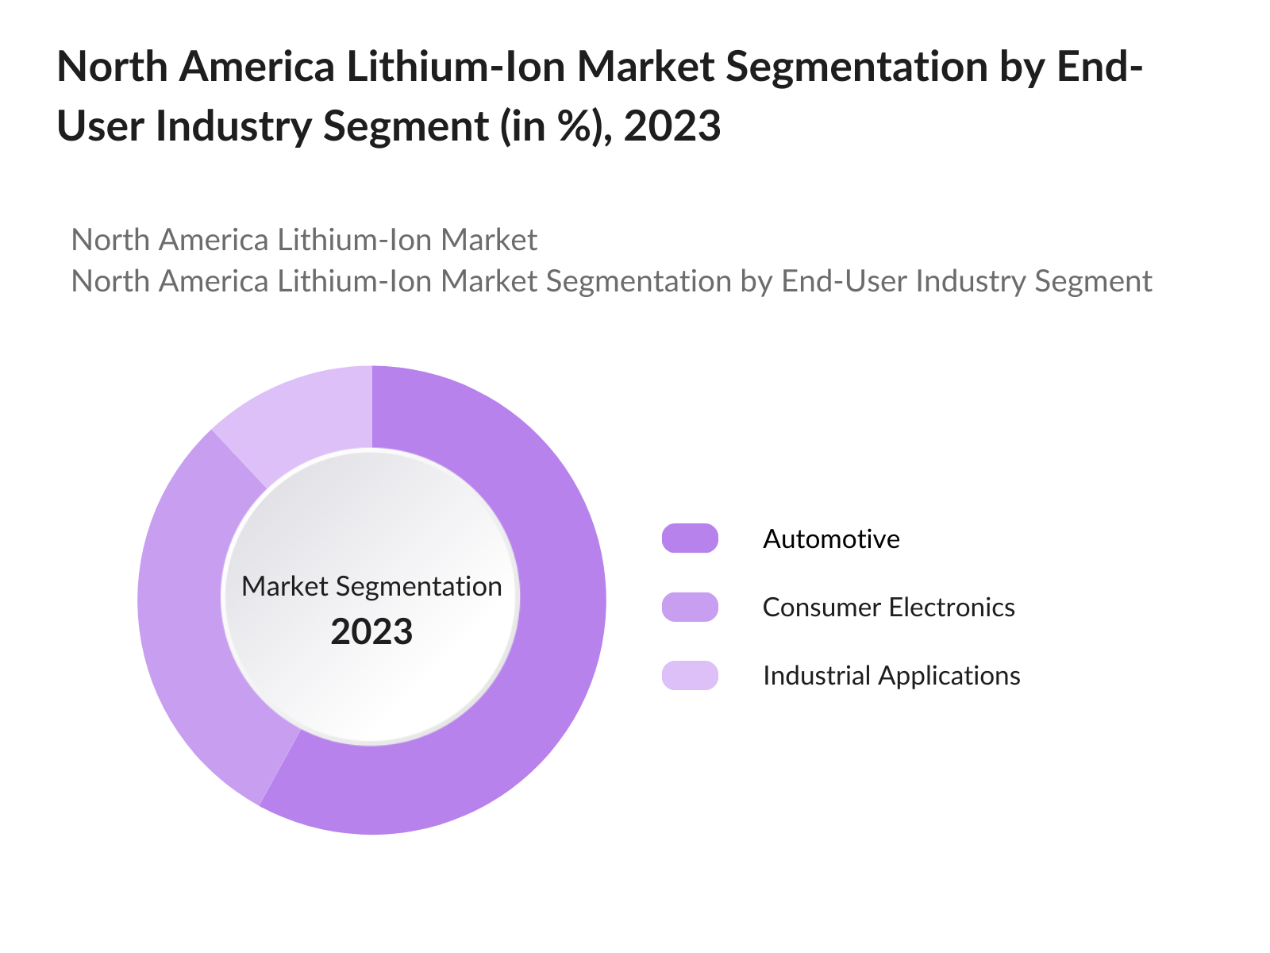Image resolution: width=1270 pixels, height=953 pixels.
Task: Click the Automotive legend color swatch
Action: (x=690, y=538)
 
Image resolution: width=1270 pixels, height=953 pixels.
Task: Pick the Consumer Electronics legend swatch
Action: (x=690, y=607)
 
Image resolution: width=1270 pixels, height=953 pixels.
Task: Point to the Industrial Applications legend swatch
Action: (x=690, y=675)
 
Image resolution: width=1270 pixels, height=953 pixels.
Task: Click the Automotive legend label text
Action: (x=831, y=539)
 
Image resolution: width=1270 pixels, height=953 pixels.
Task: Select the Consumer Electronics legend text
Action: (x=888, y=608)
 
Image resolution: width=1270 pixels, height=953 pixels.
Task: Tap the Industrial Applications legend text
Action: (x=891, y=676)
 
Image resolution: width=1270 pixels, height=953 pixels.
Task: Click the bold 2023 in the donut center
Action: (x=371, y=632)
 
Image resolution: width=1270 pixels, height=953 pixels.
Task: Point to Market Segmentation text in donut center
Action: (x=371, y=586)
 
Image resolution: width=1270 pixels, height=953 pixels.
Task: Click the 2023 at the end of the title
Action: (x=672, y=126)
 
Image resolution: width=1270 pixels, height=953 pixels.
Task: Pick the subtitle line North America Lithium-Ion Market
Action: (x=304, y=240)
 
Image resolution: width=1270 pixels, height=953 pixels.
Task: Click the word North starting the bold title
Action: (x=112, y=67)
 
